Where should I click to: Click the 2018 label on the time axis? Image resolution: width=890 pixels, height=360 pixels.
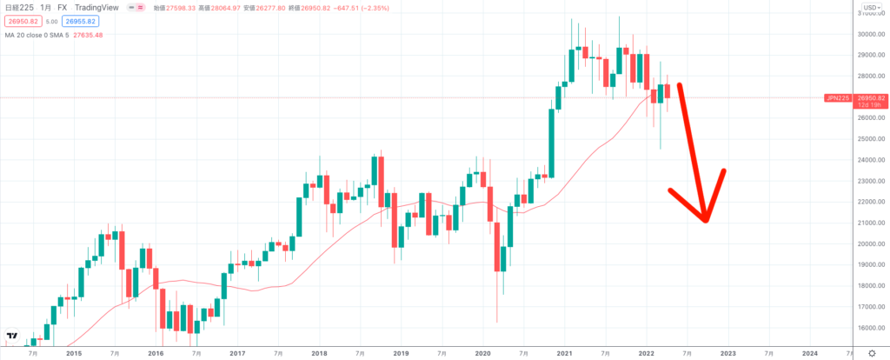pos(319,354)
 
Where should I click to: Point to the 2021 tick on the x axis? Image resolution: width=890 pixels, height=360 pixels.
pos(564,354)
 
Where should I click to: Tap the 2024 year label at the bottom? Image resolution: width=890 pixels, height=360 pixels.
pos(809,354)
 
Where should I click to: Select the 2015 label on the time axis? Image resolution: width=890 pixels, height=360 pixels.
pos(74,354)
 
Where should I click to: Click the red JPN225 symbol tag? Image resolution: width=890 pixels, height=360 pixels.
pos(836,98)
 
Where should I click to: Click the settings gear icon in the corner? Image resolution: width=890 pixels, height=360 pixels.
pos(873,354)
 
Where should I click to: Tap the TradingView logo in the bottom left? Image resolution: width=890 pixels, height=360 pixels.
pos(13,336)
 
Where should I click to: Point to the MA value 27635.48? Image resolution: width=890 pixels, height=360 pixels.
pos(86,35)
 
